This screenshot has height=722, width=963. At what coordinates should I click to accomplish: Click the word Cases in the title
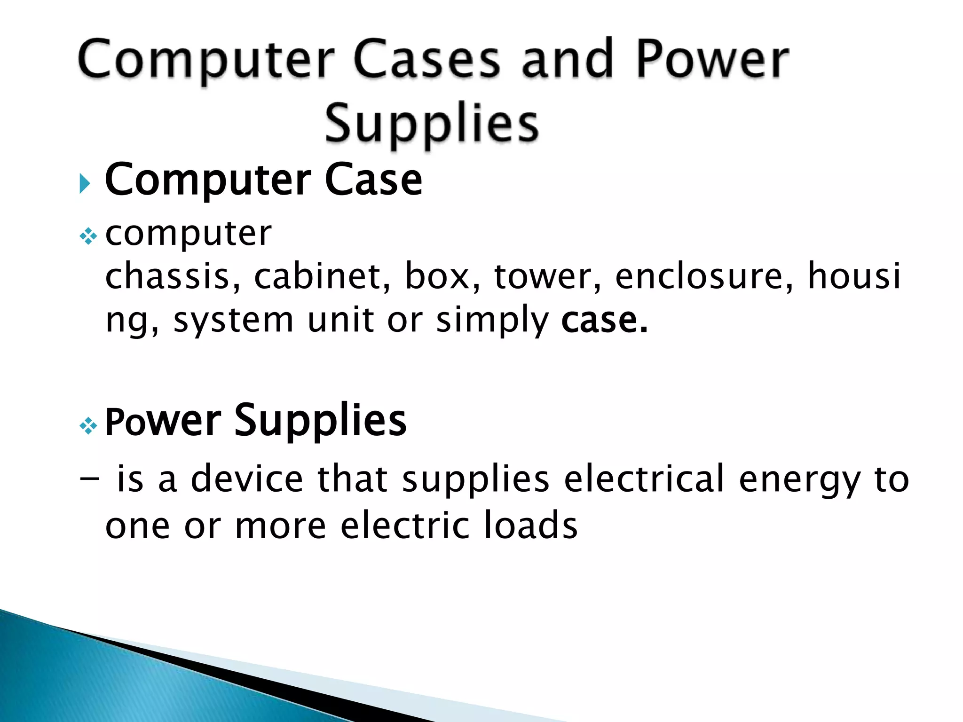(x=426, y=60)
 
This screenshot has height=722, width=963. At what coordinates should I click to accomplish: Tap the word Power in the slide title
(x=712, y=60)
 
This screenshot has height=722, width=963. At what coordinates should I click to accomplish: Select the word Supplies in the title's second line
(x=432, y=123)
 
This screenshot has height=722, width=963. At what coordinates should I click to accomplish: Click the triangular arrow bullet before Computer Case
(x=85, y=183)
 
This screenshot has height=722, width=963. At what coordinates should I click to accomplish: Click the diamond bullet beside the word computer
(x=88, y=236)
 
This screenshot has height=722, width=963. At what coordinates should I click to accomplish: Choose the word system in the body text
(x=233, y=321)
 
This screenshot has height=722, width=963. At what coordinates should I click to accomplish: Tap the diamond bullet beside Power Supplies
(x=88, y=426)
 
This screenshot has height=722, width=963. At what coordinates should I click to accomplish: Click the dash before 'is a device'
(x=90, y=479)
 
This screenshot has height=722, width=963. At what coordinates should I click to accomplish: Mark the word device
(x=247, y=479)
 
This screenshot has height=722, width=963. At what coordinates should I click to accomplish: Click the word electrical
(x=644, y=479)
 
